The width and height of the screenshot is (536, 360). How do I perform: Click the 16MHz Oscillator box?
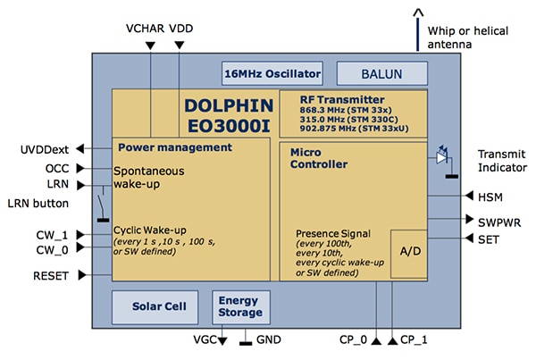271,72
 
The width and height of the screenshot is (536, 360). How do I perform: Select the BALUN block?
375,72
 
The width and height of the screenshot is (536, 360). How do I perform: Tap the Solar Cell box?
155,306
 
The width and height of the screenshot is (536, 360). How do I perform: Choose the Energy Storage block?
240,306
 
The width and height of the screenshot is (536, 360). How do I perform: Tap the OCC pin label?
56,167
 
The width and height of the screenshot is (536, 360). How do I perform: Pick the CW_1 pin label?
53,234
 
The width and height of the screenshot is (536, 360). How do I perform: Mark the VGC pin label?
205,340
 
